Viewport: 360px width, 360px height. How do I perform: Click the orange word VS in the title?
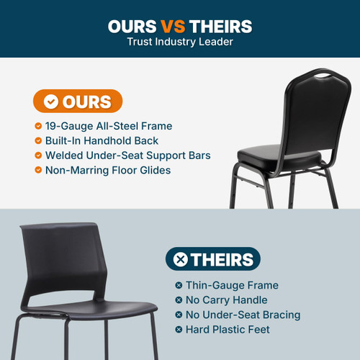tap(174, 27)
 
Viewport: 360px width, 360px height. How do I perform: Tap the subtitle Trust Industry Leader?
tap(180, 42)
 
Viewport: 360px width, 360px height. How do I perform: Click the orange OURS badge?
tap(77, 102)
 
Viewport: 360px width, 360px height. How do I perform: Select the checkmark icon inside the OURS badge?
tap(51, 102)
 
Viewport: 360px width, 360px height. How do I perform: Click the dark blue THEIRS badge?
tap(212, 259)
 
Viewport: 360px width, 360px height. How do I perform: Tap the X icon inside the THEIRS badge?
tap(181, 259)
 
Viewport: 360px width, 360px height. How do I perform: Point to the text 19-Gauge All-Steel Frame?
tap(108, 126)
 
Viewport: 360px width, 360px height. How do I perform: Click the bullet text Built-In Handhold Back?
tap(102, 140)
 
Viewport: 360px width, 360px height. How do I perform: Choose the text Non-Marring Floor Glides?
tap(108, 170)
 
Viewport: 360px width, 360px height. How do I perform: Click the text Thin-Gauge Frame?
tap(232, 285)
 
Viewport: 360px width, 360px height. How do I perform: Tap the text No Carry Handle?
tap(227, 300)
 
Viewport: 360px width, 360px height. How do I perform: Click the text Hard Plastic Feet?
tap(228, 329)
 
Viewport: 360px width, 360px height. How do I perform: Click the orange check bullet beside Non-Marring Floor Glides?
tap(38, 170)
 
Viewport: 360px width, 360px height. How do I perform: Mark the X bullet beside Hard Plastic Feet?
tap(179, 329)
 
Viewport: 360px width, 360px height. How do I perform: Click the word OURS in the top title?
tap(132, 27)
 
